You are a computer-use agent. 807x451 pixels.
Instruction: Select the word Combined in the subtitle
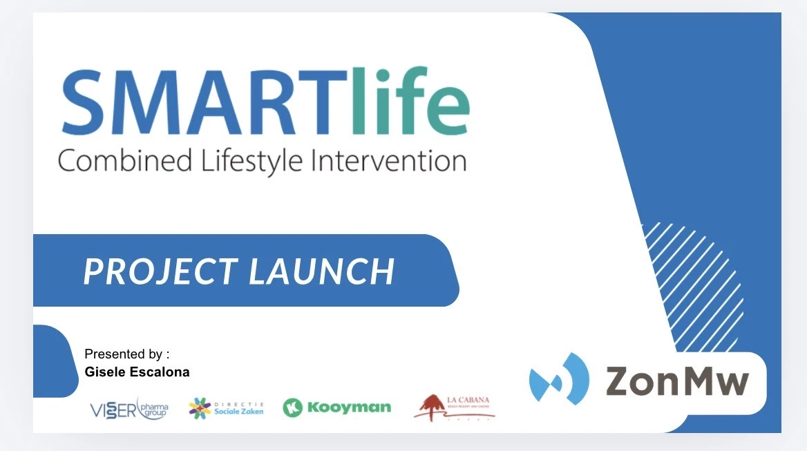coord(125,161)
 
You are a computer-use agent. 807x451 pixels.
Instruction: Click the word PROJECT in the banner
coord(159,271)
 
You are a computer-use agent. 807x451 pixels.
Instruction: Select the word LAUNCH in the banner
coord(322,271)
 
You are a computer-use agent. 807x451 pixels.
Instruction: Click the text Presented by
coord(126,354)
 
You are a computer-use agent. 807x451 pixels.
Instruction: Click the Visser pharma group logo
coord(129,408)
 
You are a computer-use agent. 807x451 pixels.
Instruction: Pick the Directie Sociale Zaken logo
coord(226,407)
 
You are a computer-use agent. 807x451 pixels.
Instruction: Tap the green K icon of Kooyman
coord(293,407)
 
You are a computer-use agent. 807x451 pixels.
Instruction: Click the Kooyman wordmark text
coord(348,407)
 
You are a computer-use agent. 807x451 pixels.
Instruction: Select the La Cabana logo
coord(455,407)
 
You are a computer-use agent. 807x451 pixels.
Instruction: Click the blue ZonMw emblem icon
coord(558,378)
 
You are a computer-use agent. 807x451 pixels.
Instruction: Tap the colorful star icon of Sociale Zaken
coord(200,407)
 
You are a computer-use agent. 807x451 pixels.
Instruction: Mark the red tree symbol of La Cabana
coord(433,405)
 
